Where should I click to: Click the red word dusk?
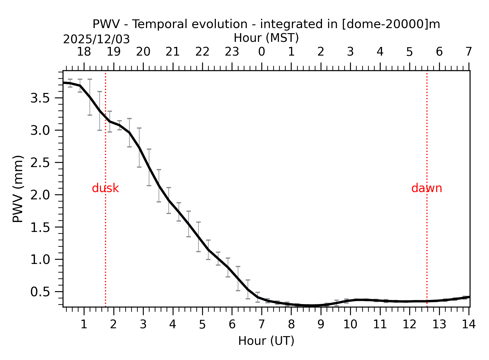[105, 188]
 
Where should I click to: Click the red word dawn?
[426, 188]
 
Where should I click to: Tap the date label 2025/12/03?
[96, 40]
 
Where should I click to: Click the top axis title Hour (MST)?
[266, 38]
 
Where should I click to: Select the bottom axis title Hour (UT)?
[266, 341]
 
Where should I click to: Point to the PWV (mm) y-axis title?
[18, 189]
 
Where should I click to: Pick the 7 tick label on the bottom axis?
[261, 325]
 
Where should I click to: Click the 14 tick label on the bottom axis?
[469, 325]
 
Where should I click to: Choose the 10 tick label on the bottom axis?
[350, 325]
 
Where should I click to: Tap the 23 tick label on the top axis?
[232, 52]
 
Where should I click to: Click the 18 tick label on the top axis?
[84, 52]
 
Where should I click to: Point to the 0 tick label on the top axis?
[261, 52]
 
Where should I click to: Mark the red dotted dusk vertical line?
[105, 239]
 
